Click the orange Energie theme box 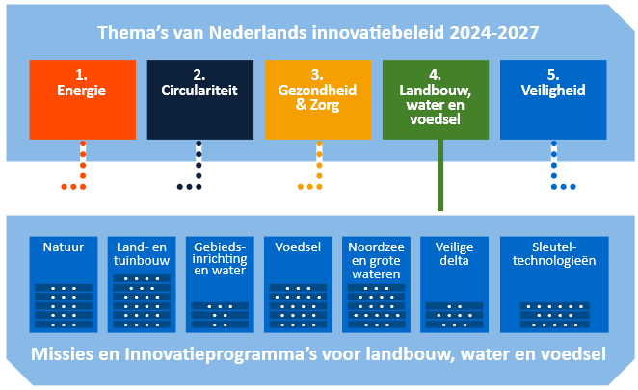click(83, 99)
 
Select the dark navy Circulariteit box click(200, 99)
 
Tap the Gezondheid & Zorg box click(318, 99)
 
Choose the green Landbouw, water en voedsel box click(436, 99)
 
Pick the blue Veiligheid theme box click(553, 99)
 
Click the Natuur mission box click(64, 285)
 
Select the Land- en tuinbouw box click(142, 285)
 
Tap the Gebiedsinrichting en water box click(220, 285)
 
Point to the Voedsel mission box click(298, 285)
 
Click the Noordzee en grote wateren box click(376, 285)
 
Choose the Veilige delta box click(454, 285)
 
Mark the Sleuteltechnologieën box click(554, 285)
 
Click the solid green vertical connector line click(440, 175)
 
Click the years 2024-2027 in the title click(494, 33)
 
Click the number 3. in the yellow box click(317, 75)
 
